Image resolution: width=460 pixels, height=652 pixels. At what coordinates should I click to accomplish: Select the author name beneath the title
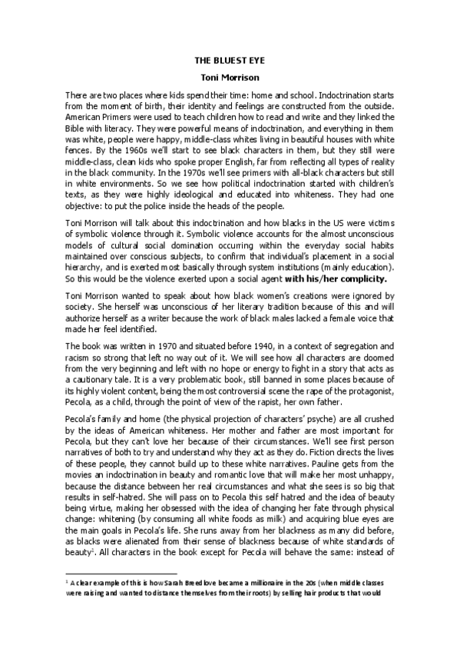230,77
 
